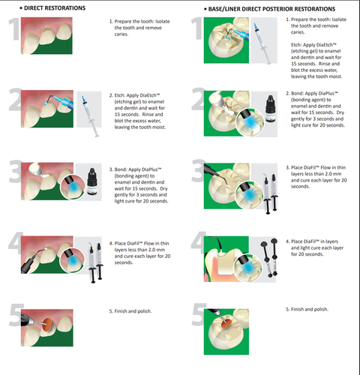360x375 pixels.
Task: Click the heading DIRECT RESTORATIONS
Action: coord(55,8)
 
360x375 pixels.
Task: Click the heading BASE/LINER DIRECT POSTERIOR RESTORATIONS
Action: coord(271,9)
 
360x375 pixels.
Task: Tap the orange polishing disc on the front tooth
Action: coord(47,324)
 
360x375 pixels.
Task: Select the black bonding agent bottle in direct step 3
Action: coord(92,181)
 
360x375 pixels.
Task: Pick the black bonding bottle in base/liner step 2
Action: coord(270,108)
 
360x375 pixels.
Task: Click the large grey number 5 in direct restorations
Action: coord(16,315)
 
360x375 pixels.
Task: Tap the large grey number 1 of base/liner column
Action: coord(197,28)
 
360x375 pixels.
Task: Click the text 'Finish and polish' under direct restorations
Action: coord(133,311)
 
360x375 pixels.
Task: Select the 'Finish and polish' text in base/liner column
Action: coord(310,309)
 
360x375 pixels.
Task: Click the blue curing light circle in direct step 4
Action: coord(72,260)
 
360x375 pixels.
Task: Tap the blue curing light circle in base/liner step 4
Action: coord(247,268)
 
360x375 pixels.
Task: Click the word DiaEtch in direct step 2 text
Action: coord(149,95)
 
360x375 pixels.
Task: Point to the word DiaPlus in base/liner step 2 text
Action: coord(327,94)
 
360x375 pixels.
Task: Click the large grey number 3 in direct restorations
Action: coord(16,171)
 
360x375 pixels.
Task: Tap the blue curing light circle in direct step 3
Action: coord(73,187)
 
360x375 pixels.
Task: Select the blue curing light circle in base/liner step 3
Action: coord(249,195)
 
